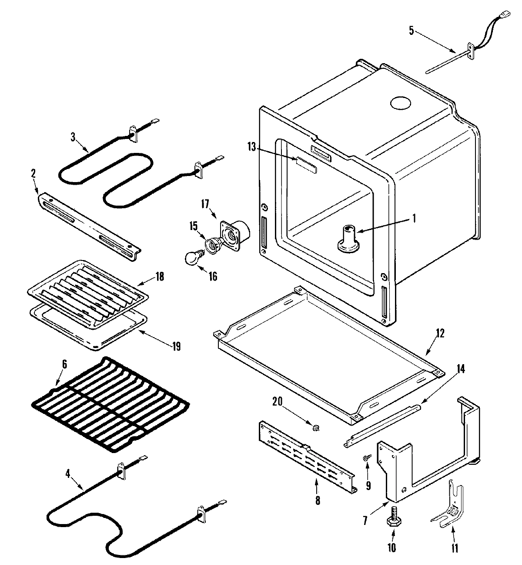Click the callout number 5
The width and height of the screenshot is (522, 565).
(x=411, y=30)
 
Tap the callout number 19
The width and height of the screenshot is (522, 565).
(x=176, y=346)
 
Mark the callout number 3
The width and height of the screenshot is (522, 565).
(x=73, y=136)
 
